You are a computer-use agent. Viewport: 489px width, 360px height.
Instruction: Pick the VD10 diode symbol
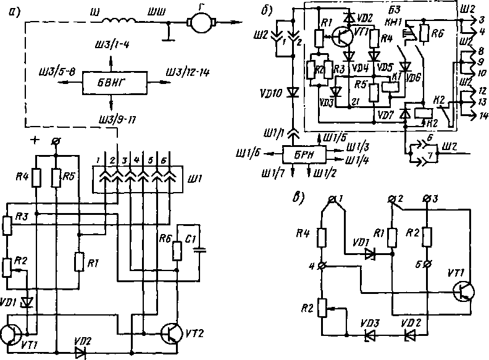click(x=293, y=93)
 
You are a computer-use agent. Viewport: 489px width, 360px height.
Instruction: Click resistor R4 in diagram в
click(x=322, y=238)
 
